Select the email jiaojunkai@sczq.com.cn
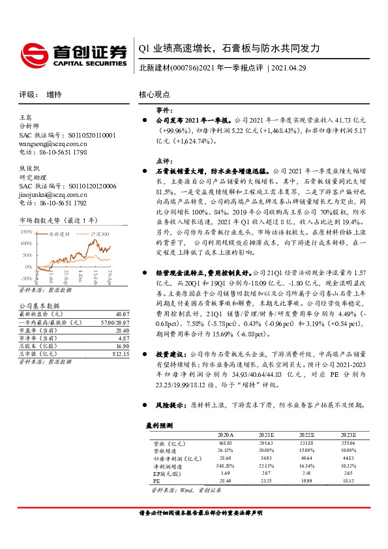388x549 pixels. [53, 194]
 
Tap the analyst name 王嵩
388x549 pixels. [26, 117]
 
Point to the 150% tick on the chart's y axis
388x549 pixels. [26, 231]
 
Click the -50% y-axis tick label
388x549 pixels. [26, 276]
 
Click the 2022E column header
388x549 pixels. [307, 434]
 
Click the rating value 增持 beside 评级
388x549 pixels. [55, 95]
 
